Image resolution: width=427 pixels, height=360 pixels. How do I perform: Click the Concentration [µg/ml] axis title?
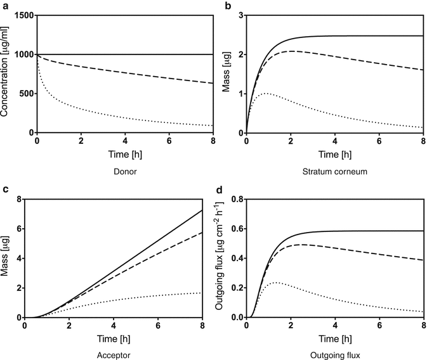pyautogui.click(x=6, y=74)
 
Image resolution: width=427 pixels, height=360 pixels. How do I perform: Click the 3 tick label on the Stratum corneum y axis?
pyautogui.click(x=240, y=15)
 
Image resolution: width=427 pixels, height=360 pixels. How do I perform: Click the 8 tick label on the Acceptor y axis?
pyautogui.click(x=18, y=200)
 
